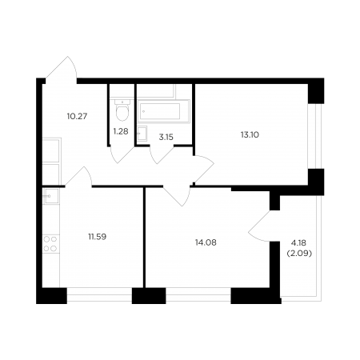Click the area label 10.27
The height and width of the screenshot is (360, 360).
click(78, 116)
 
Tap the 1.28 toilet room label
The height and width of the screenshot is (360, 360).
click(121, 131)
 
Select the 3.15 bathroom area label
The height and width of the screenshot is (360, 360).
click(166, 137)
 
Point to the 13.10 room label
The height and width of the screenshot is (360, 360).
click(250, 134)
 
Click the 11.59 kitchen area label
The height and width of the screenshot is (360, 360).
click(98, 237)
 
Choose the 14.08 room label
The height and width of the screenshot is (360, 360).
click(206, 242)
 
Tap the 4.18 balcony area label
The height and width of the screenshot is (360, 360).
click(298, 243)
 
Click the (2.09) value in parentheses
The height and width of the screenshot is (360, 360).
click(299, 254)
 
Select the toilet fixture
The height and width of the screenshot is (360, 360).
click(122, 110)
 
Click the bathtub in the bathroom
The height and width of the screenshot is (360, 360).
click(163, 111)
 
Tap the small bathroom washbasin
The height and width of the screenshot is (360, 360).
click(142, 133)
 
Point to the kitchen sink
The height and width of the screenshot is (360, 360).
click(51, 196)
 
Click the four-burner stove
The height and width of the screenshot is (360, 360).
click(50, 244)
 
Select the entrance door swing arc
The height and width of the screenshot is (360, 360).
click(62, 67)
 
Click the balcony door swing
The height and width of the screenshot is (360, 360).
click(259, 226)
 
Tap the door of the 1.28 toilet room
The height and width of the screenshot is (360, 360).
click(122, 154)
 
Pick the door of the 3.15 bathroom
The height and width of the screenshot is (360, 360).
click(162, 154)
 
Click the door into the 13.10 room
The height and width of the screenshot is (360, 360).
click(204, 169)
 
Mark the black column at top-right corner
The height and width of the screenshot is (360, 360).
click(316, 91)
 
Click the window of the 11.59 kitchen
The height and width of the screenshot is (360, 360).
click(99, 294)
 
